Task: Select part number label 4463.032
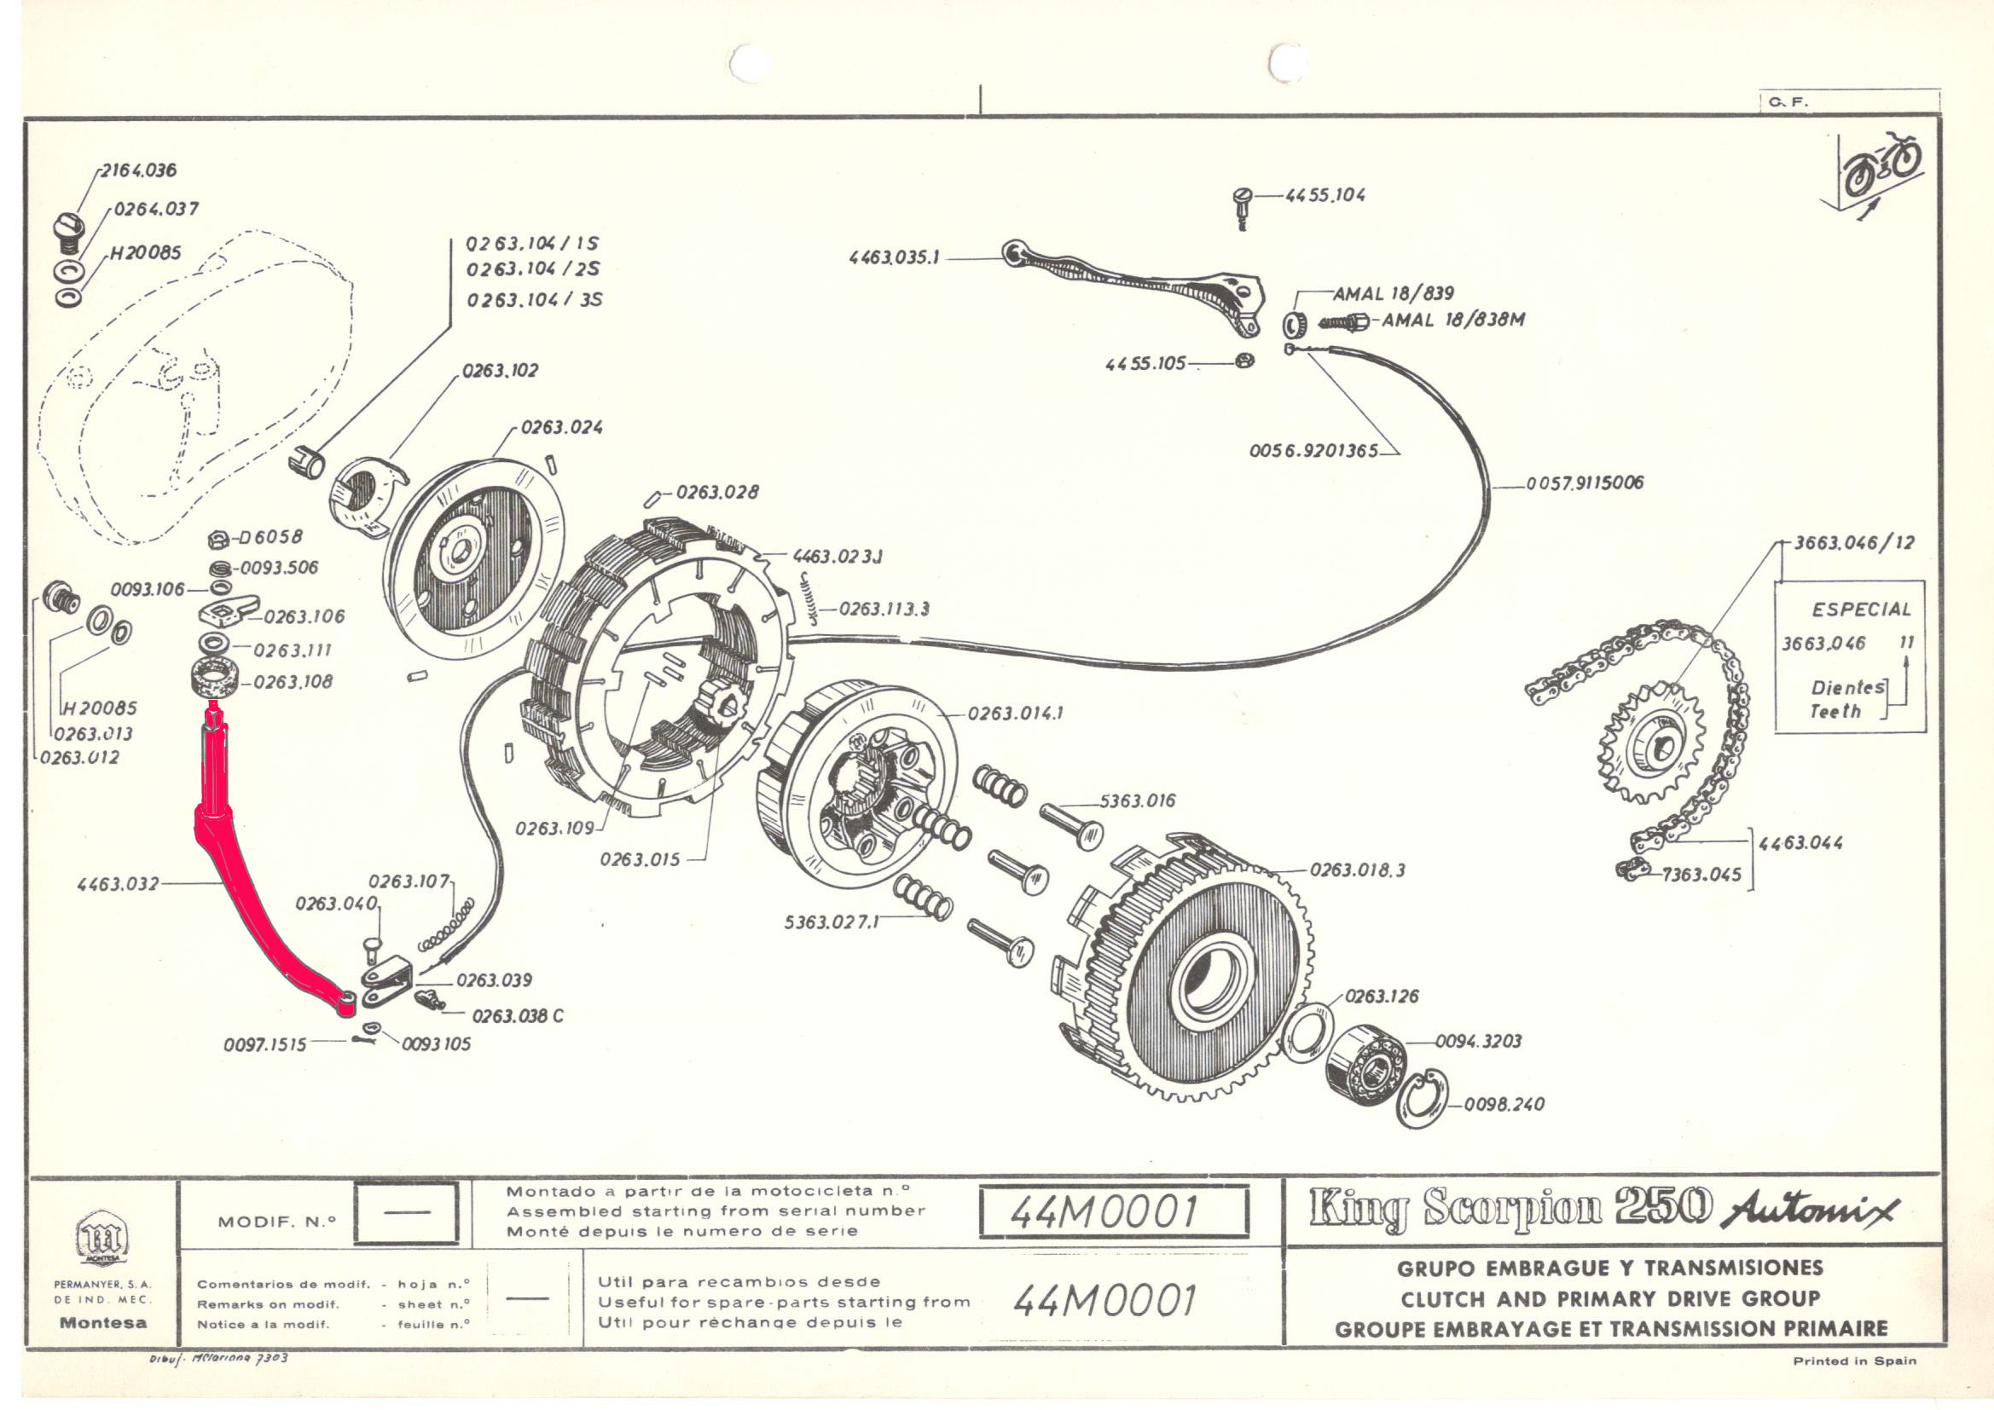(118, 884)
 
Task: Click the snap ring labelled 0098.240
(1421, 1100)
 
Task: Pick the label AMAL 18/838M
(1453, 320)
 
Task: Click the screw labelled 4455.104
(1242, 205)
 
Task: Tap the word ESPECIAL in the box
(1861, 610)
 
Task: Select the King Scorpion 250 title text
(1510, 1208)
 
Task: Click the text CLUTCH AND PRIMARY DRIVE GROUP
(1609, 1299)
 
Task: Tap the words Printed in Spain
(1854, 1361)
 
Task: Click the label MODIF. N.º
(276, 1222)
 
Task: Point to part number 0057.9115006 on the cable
(1585, 483)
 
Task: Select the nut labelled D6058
(219, 540)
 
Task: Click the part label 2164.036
(138, 170)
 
